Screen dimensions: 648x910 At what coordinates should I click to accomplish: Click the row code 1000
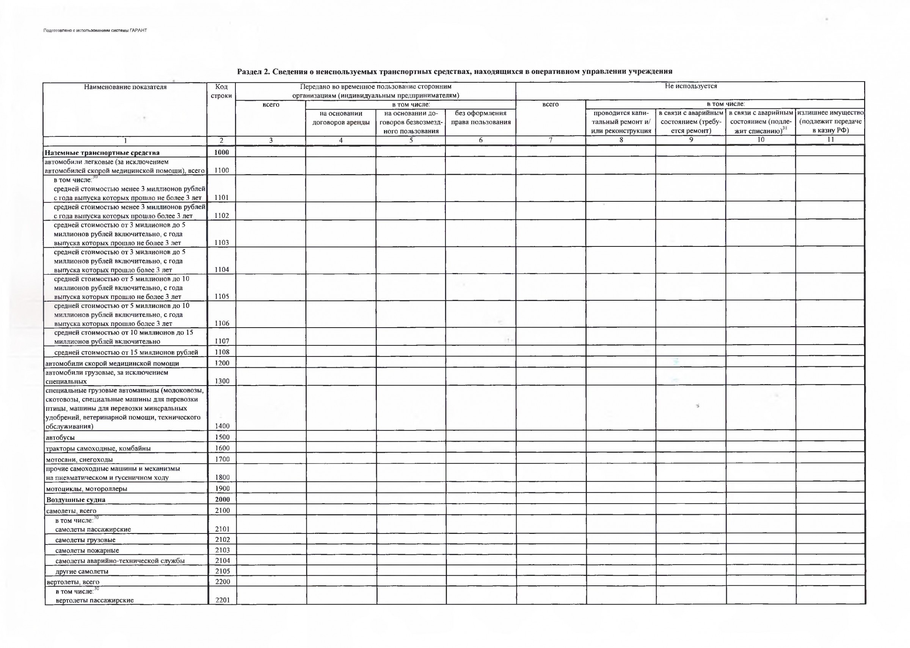(221, 152)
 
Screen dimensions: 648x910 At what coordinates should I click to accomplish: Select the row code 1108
(222, 352)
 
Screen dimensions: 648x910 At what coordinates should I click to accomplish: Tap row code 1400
(222, 426)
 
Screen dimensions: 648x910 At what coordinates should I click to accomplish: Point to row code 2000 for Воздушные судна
(222, 499)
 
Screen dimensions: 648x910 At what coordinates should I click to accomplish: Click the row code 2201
(223, 600)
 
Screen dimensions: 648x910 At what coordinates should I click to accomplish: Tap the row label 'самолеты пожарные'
(87, 551)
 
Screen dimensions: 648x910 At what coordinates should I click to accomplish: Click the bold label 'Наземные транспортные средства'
(102, 153)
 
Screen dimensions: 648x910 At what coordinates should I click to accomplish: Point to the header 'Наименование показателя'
(125, 87)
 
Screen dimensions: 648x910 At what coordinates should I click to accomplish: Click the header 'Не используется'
(690, 86)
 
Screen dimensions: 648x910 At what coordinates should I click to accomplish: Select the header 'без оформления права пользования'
(481, 118)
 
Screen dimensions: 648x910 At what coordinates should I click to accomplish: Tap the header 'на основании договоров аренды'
(341, 118)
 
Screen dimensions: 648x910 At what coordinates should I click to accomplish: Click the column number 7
(551, 140)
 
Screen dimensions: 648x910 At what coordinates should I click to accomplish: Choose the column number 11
(830, 140)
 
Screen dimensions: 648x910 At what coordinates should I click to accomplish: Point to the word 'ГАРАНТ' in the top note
(138, 30)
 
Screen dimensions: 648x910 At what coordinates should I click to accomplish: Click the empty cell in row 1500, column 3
(271, 437)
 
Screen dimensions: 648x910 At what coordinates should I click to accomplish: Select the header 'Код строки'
(221, 91)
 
